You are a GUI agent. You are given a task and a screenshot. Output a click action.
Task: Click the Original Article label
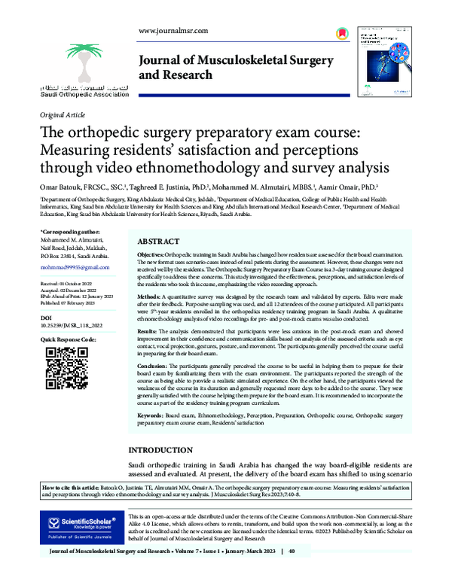coord(62,115)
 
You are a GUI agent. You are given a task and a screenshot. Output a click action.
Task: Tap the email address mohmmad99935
coord(73,267)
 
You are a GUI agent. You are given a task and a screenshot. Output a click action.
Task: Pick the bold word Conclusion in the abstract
coord(154,364)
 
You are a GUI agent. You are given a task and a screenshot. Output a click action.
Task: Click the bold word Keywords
coord(153,415)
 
